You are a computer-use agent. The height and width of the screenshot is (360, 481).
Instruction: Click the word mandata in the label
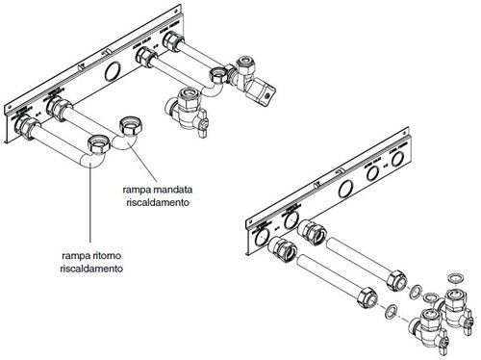click(172, 190)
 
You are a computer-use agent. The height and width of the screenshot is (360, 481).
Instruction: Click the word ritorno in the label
click(102, 256)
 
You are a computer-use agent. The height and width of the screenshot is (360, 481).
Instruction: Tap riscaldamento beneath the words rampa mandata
click(158, 203)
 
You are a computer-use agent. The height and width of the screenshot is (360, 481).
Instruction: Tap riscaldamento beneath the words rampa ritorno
click(91, 269)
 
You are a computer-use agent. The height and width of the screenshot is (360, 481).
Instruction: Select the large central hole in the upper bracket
click(113, 71)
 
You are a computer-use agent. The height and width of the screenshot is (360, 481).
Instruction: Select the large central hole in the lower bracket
click(346, 189)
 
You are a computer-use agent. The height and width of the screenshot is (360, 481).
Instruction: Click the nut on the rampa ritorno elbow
click(99, 145)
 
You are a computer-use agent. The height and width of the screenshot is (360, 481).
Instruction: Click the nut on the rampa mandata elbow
click(131, 127)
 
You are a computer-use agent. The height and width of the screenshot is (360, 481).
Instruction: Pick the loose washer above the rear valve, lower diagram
click(456, 278)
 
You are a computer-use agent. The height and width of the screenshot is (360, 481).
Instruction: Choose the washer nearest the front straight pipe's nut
click(391, 310)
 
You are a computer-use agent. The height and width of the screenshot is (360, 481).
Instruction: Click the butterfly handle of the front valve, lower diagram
click(443, 345)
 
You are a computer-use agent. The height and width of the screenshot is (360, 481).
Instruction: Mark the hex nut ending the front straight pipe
click(367, 297)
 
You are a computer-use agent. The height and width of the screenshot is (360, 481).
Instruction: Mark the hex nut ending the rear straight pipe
click(396, 280)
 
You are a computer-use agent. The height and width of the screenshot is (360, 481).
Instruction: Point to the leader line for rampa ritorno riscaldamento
click(90, 203)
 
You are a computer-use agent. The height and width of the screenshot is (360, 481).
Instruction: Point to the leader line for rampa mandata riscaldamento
click(142, 163)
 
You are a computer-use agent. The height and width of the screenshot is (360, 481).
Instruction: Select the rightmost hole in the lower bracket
click(397, 159)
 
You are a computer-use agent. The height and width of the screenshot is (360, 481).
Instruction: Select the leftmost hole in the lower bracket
click(262, 238)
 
